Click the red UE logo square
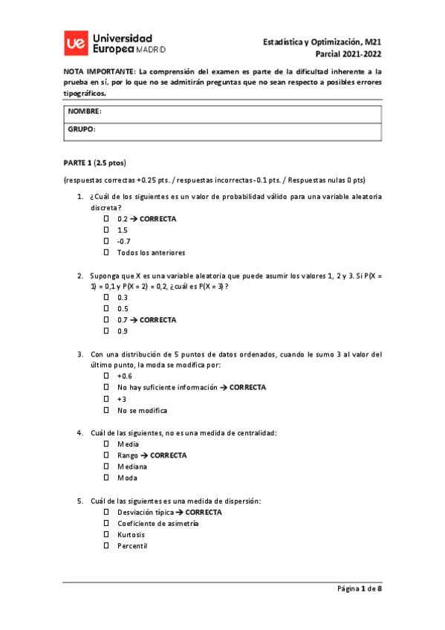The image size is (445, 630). [x=74, y=44]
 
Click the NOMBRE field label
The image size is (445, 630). [x=85, y=111]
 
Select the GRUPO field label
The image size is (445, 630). [x=82, y=129]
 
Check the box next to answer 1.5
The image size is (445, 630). [x=106, y=230]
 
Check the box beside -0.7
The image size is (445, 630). [x=106, y=241]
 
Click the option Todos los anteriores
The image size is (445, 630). [x=151, y=253]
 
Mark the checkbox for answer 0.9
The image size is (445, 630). [x=106, y=331]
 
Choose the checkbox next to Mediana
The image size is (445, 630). [x=106, y=467]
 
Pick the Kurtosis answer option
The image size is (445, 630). [x=131, y=535]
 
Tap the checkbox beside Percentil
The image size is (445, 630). [x=106, y=546]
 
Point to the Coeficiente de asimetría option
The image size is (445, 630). [x=157, y=524]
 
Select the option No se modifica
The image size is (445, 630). [x=142, y=410]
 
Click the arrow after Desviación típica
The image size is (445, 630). [x=180, y=513]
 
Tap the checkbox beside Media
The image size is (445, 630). [x=106, y=444]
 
